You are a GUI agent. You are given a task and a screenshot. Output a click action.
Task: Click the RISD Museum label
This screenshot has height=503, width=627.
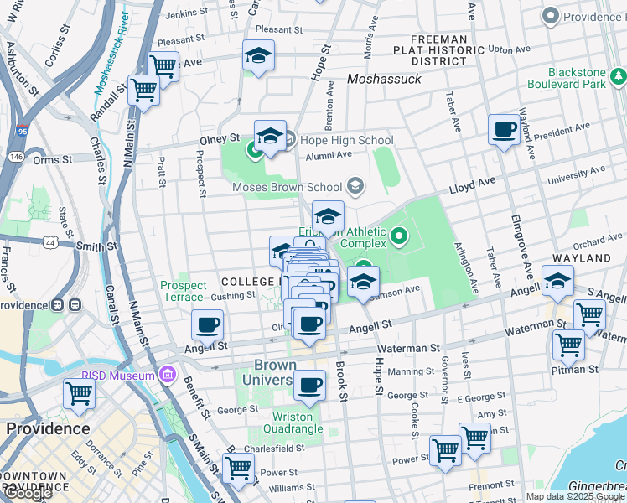coord(117,376)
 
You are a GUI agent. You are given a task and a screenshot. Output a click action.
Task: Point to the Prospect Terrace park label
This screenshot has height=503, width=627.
coord(183,291)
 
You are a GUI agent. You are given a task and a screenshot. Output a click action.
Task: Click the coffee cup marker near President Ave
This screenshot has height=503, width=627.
coord(504,130)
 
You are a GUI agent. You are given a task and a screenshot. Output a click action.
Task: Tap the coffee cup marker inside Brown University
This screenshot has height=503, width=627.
coord(309,386)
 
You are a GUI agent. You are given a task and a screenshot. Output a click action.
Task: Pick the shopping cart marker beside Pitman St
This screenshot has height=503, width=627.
coord(568,344)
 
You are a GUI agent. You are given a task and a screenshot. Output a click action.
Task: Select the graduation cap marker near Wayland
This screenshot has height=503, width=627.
coord(557,282)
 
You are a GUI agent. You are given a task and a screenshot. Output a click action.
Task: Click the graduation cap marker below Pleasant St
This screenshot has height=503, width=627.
coord(258,56)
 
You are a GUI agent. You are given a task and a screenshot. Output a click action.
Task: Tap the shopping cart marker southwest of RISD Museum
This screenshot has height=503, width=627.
coord(79,393)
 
